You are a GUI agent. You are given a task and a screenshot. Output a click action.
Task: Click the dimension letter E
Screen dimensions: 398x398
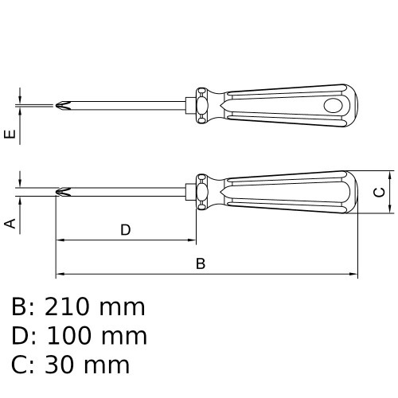pos(10,135)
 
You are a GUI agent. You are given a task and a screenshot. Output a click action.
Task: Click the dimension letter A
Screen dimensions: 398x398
pos(10,224)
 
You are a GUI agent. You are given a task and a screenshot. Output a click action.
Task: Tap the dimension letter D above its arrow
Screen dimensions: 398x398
pos(126,230)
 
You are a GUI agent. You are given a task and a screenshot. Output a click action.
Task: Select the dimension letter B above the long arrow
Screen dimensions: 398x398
pos(201,263)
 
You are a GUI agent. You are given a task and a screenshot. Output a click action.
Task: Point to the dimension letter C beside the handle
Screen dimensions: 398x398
pos(379,192)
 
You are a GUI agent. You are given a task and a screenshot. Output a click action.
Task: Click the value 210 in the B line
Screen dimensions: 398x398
pos(66,307)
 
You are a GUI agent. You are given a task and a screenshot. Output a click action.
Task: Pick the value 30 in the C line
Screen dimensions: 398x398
pos(59,365)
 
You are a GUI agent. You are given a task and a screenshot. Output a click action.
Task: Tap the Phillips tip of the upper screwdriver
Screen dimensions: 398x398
pos(64,105)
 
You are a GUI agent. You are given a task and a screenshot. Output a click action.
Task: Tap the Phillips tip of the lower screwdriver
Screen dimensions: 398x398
pos(64,192)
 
